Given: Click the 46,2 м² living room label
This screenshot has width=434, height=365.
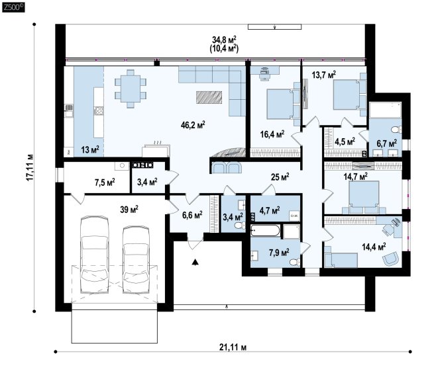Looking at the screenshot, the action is click(193, 125).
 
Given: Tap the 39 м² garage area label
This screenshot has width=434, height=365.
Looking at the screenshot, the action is click(129, 210).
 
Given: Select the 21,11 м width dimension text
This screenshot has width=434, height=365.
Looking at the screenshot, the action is click(233, 347).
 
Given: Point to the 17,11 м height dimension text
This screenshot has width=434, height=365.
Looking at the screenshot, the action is click(30, 167).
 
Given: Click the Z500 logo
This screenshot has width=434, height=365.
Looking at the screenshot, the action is click(13, 7).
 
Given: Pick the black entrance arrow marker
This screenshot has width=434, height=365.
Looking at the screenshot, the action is click(195, 262).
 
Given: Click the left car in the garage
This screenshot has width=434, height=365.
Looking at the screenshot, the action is click(94, 254).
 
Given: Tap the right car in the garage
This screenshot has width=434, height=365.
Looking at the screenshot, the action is click(136, 259).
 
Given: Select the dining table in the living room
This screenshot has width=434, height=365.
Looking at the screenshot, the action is click(131, 89).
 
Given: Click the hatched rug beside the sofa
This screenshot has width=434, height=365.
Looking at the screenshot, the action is click(209, 97).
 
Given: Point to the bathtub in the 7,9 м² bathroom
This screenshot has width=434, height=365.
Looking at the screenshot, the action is click(266, 230).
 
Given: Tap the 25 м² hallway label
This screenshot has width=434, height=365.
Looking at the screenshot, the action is click(280, 177).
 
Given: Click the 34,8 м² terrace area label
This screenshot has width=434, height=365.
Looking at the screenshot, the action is click(225, 40).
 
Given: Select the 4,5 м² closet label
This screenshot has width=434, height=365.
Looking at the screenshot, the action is click(345, 142).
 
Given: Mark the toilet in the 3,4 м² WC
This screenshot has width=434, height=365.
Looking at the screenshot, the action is click(240, 225).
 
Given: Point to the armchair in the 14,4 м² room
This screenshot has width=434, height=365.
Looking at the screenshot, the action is click(391, 259).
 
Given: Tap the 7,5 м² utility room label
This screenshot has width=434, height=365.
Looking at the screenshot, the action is click(105, 182).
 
